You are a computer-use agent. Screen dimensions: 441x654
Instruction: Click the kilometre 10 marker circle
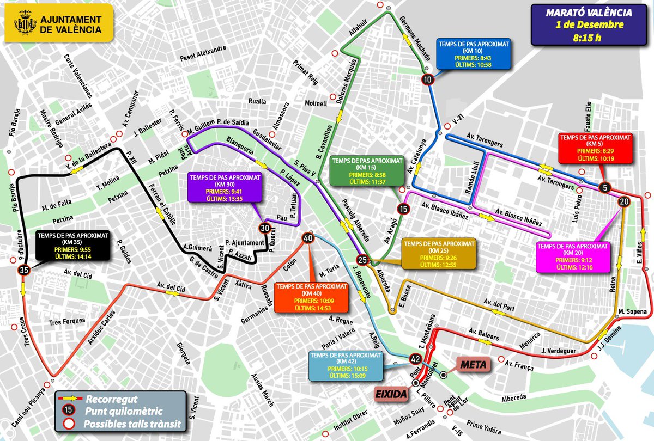428,79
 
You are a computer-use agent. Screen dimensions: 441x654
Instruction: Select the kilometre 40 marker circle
308,238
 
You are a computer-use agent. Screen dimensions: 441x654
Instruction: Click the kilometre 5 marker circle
604,188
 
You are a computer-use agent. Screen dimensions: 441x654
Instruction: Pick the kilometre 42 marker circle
415,359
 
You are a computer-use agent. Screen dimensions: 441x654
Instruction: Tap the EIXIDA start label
391,393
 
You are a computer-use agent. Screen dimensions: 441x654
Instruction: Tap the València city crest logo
22,24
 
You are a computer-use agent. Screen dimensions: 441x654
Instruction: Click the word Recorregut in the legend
119,399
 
